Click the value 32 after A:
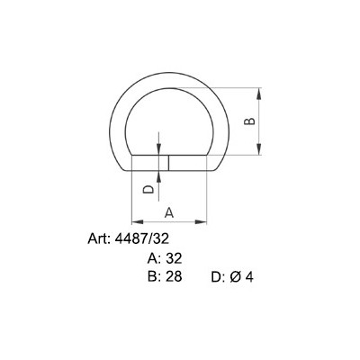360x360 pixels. click(x=175, y=258)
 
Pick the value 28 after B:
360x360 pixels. click(x=175, y=277)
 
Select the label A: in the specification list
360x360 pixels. click(x=154, y=258)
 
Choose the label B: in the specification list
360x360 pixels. click(x=154, y=277)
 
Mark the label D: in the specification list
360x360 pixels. click(x=218, y=278)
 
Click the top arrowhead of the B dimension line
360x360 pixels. click(x=261, y=92)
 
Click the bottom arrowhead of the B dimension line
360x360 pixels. click(x=261, y=152)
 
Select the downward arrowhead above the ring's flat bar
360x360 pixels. click(x=158, y=152)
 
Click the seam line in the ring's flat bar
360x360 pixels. click(x=170, y=163)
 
